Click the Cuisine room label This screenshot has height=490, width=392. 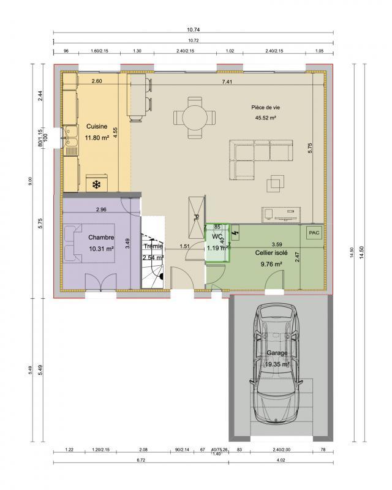(97, 127)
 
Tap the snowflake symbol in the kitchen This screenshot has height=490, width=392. (96, 184)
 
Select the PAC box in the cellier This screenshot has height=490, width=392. (314, 233)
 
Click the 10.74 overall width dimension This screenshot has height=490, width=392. (194, 29)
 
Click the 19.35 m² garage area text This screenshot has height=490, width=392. (277, 364)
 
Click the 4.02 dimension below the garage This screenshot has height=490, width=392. (281, 459)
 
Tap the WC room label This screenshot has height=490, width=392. (216, 236)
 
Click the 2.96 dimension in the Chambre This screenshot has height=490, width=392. (101, 210)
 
